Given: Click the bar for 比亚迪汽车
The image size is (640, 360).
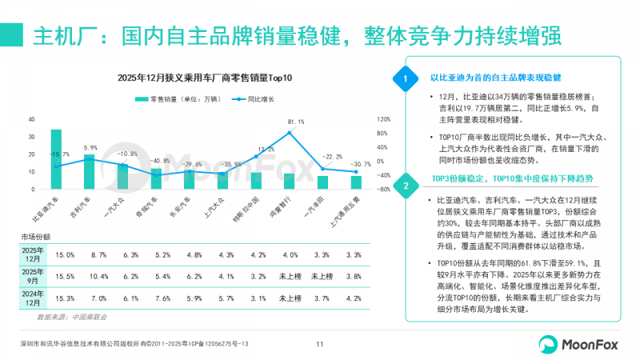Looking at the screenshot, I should click(56, 160).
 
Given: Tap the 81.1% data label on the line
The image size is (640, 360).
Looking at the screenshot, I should click(296, 122).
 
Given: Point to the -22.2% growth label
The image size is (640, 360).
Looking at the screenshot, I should click(332, 157).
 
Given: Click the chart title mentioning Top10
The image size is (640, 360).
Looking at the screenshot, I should click(205, 78).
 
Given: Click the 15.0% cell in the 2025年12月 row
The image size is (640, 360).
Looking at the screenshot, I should click(66, 254).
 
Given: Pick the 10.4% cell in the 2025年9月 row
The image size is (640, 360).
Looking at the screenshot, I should click(99, 277).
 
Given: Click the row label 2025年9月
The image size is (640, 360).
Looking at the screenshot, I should click(34, 277).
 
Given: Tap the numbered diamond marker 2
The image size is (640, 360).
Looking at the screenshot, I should click(406, 186).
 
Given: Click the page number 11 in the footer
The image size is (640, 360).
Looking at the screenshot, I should click(319, 345).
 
